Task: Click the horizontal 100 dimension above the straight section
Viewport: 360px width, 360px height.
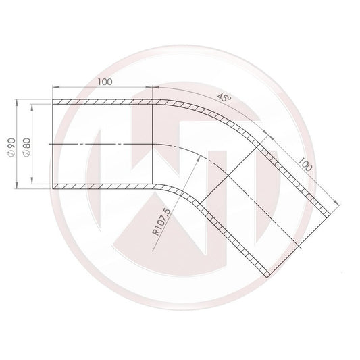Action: (104, 82)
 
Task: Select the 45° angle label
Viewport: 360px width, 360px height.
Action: (224, 98)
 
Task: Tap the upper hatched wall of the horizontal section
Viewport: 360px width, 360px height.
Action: (101, 103)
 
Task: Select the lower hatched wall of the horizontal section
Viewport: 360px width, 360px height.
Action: (101, 186)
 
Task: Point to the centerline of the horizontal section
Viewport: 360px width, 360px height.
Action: (101, 145)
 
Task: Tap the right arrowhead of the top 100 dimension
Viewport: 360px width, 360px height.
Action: (151, 88)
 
